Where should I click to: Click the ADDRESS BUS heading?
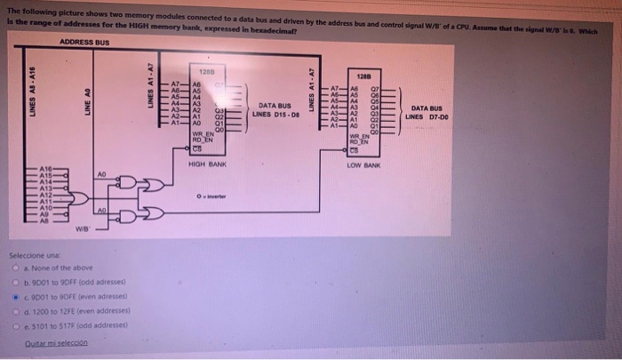tap(85, 42)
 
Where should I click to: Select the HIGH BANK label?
tap(208, 165)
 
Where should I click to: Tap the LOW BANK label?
tap(363, 166)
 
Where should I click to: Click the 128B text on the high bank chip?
tap(205, 70)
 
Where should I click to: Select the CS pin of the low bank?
tap(353, 148)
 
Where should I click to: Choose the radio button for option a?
tap(15, 268)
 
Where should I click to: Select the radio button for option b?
tap(15, 281)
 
